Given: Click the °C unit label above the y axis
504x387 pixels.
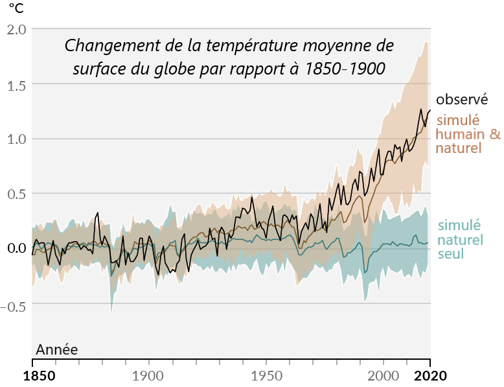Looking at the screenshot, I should [x=15, y=8].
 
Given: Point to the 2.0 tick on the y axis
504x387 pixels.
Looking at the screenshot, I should [x=16, y=30].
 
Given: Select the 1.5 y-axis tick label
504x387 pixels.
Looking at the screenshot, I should [x=16, y=84].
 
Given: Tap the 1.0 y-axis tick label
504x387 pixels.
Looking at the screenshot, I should [x=16, y=139].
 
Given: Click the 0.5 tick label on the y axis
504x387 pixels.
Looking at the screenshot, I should [x=16, y=194].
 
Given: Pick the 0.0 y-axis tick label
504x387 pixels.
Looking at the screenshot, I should [x=16, y=248].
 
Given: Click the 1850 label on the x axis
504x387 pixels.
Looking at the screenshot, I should [x=32, y=376].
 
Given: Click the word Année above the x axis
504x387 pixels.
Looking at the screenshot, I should [x=56, y=350].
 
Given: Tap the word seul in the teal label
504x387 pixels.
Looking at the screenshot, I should [x=451, y=253].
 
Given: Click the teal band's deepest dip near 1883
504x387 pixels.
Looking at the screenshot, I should [x=111, y=314].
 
